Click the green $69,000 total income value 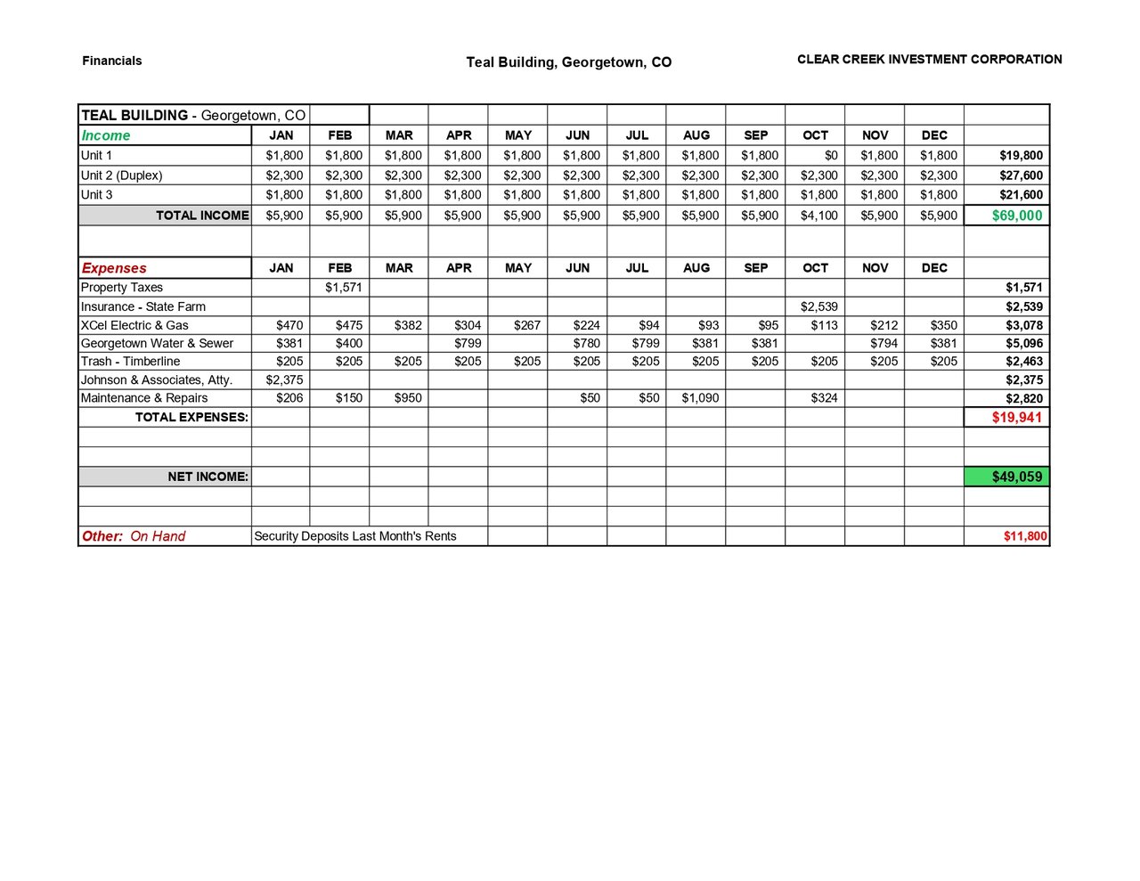click(x=1016, y=216)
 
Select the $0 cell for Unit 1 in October click(x=830, y=156)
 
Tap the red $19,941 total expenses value click(x=1016, y=418)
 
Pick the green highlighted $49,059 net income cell click(x=1016, y=477)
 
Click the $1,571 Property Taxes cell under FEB click(x=343, y=288)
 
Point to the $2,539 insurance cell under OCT click(x=818, y=306)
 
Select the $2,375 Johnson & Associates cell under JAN click(x=284, y=380)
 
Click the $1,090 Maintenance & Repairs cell click(x=700, y=398)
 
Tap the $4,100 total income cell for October click(x=818, y=216)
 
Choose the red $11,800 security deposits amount click(x=1025, y=536)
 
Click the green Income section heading click(x=106, y=136)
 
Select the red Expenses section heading click(x=114, y=268)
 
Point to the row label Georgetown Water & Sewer click(x=157, y=344)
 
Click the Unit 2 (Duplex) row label click(x=122, y=175)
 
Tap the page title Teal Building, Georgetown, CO click(x=568, y=62)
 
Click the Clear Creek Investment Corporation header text click(x=929, y=60)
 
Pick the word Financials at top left click(x=112, y=61)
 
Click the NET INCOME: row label click(x=208, y=477)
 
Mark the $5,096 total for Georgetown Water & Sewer click(x=1024, y=344)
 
